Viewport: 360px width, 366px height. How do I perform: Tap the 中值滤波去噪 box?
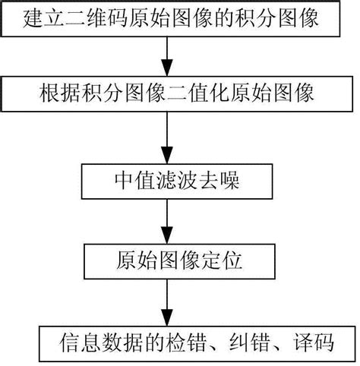(166, 181)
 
